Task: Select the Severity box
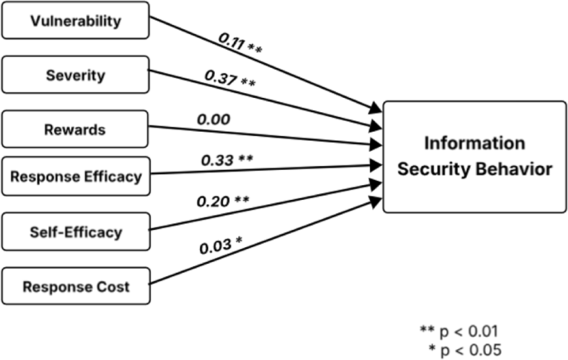pos(75,75)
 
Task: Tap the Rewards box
pos(75,129)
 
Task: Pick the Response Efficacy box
pos(75,175)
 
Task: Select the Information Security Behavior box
pos(473,156)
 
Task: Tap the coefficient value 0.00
pos(213,119)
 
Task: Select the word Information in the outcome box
pos(473,143)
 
